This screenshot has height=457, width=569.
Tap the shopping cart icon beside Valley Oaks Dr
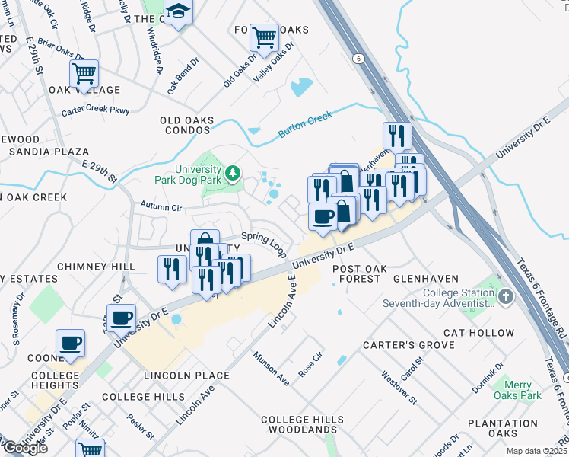click(264, 36)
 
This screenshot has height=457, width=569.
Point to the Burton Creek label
click(306, 125)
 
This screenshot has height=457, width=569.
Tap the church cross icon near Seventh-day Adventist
click(504, 296)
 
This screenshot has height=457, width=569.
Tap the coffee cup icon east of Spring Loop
click(323, 217)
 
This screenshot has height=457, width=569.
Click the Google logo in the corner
click(24, 448)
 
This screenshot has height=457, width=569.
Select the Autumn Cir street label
click(161, 206)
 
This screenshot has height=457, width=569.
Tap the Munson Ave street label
click(272, 367)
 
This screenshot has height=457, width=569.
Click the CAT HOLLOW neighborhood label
click(479, 333)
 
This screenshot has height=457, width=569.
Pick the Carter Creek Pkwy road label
click(96, 110)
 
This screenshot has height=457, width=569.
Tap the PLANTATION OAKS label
click(503, 428)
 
